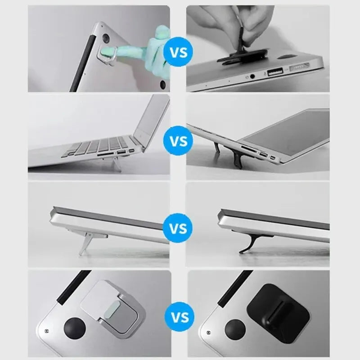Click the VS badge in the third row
(177, 228)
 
